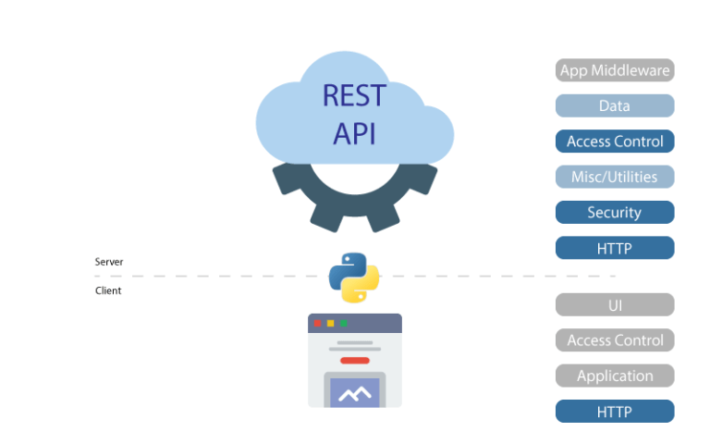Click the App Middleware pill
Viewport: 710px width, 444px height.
(615, 70)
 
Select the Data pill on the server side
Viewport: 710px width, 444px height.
(615, 105)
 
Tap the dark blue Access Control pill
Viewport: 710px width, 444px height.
(615, 142)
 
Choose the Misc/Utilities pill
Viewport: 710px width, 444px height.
(615, 177)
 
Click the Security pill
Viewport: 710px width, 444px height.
(615, 212)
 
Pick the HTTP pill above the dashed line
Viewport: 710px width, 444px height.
(615, 248)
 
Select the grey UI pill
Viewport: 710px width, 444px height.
(615, 304)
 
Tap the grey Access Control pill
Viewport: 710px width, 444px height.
(615, 340)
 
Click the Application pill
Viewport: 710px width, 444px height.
(615, 376)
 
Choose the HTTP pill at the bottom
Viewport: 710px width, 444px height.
(615, 411)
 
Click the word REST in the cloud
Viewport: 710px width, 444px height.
(355, 95)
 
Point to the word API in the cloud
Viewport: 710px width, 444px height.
(355, 133)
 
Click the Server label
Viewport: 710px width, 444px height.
(109, 262)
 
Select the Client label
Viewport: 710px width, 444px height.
(108, 290)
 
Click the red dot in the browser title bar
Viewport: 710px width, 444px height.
(318, 323)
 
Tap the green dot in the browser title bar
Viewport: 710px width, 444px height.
(343, 323)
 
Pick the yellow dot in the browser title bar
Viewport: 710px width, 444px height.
(330, 323)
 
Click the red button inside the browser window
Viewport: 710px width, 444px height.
(355, 360)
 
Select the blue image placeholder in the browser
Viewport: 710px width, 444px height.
(355, 393)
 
